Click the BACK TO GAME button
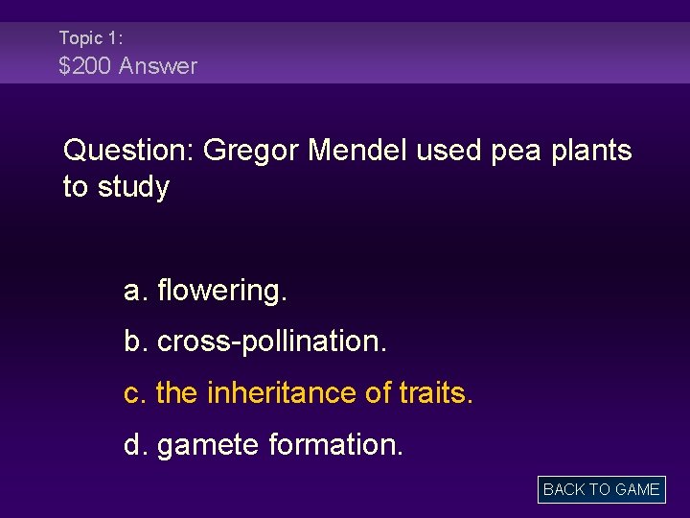click(x=601, y=489)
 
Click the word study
click(x=130, y=188)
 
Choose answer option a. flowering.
click(x=205, y=290)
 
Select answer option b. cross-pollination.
click(x=256, y=341)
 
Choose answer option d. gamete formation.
click(x=264, y=445)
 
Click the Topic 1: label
click(x=90, y=38)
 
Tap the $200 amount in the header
click(x=82, y=66)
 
